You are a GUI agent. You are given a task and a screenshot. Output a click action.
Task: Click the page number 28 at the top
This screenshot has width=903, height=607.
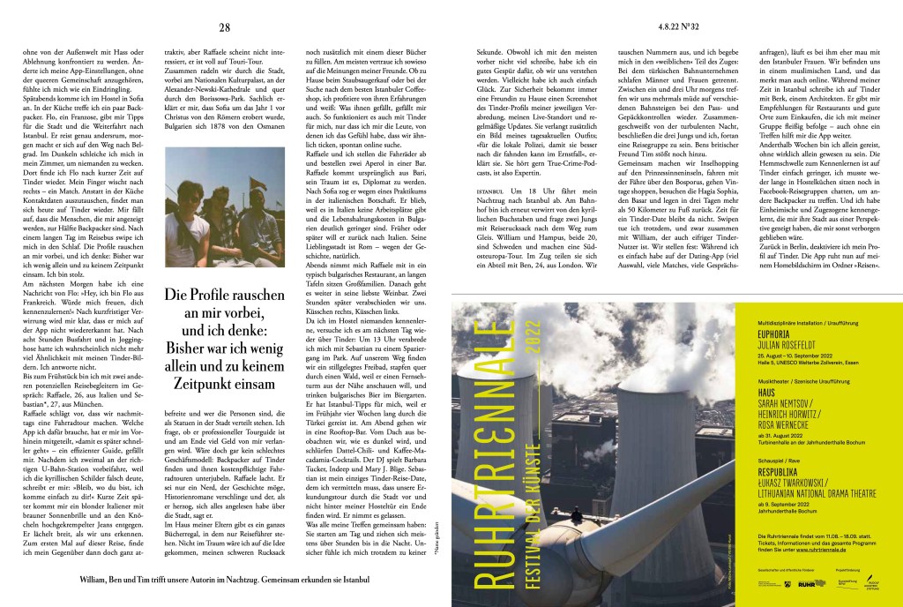point(224,27)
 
